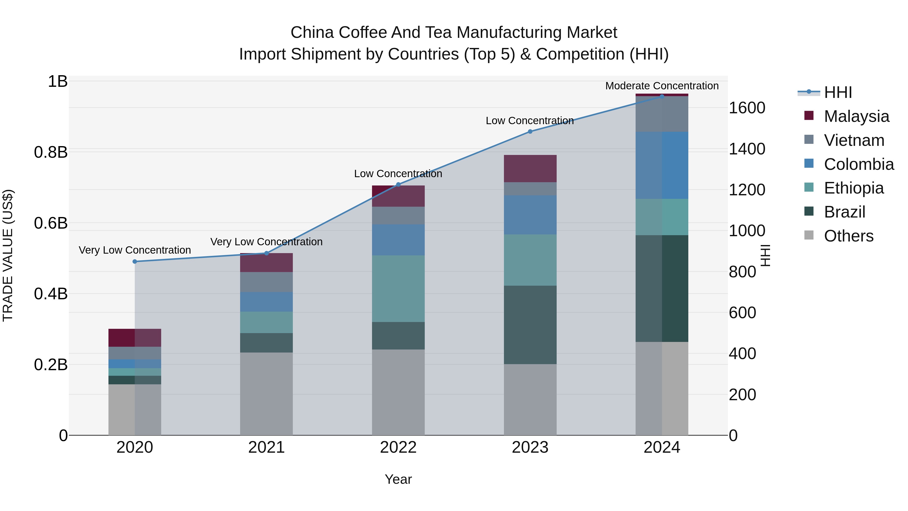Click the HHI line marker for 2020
(135, 261)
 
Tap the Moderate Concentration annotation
(662, 86)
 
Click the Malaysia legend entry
(856, 116)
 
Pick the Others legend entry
(848, 236)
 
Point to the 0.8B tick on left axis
(51, 152)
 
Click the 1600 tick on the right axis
(747, 108)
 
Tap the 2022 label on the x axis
(398, 447)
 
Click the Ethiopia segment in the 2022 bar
(398, 288)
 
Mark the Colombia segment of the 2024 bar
(662, 165)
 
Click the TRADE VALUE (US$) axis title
(8, 255)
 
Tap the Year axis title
(398, 479)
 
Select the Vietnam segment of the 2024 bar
(662, 114)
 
